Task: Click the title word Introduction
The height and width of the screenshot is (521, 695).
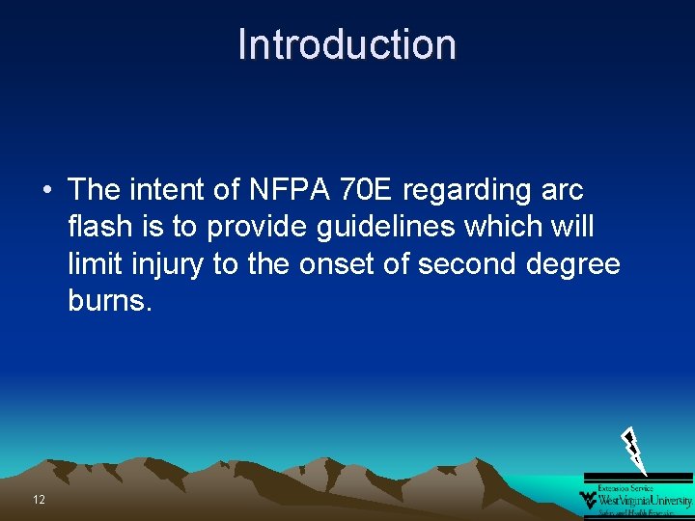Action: click(x=347, y=45)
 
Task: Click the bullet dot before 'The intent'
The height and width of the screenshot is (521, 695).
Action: click(x=46, y=190)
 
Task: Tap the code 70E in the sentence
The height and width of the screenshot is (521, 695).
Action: click(x=365, y=190)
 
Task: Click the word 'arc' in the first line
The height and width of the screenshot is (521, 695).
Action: click(x=562, y=190)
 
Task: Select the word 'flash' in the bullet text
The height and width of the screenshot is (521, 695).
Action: click(x=100, y=228)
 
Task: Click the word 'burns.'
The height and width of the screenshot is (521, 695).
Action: click(x=110, y=301)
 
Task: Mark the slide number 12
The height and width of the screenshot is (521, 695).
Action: click(x=39, y=500)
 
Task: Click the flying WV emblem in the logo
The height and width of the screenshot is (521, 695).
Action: click(x=588, y=500)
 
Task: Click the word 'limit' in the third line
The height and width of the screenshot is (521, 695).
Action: click(x=92, y=264)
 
